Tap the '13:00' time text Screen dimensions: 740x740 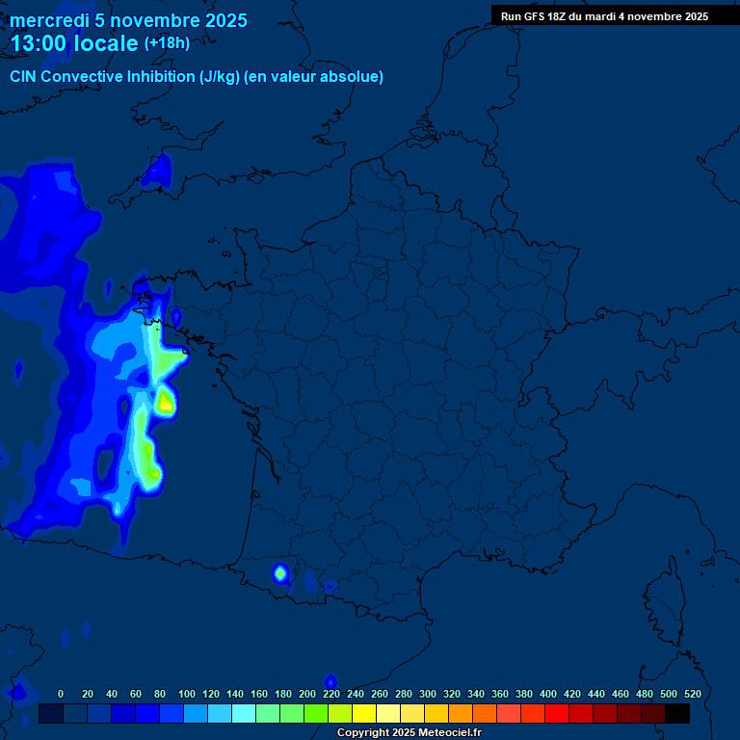point(40,44)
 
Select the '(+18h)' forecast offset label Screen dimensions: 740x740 point(168,43)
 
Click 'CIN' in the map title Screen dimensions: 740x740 point(24,77)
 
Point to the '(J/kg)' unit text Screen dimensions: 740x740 point(219,77)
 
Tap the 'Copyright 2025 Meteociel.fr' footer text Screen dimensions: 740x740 point(409,733)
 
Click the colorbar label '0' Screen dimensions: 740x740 point(61,694)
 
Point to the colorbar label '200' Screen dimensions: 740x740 point(307,694)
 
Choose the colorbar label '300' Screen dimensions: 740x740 point(428,694)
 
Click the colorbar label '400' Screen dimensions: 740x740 point(548,694)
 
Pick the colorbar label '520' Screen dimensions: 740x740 point(692,694)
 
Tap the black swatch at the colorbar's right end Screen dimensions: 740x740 point(677,714)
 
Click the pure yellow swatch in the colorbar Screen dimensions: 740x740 point(364,714)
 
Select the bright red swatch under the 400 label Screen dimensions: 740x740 point(557,714)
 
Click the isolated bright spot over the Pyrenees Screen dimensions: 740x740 point(280,574)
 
